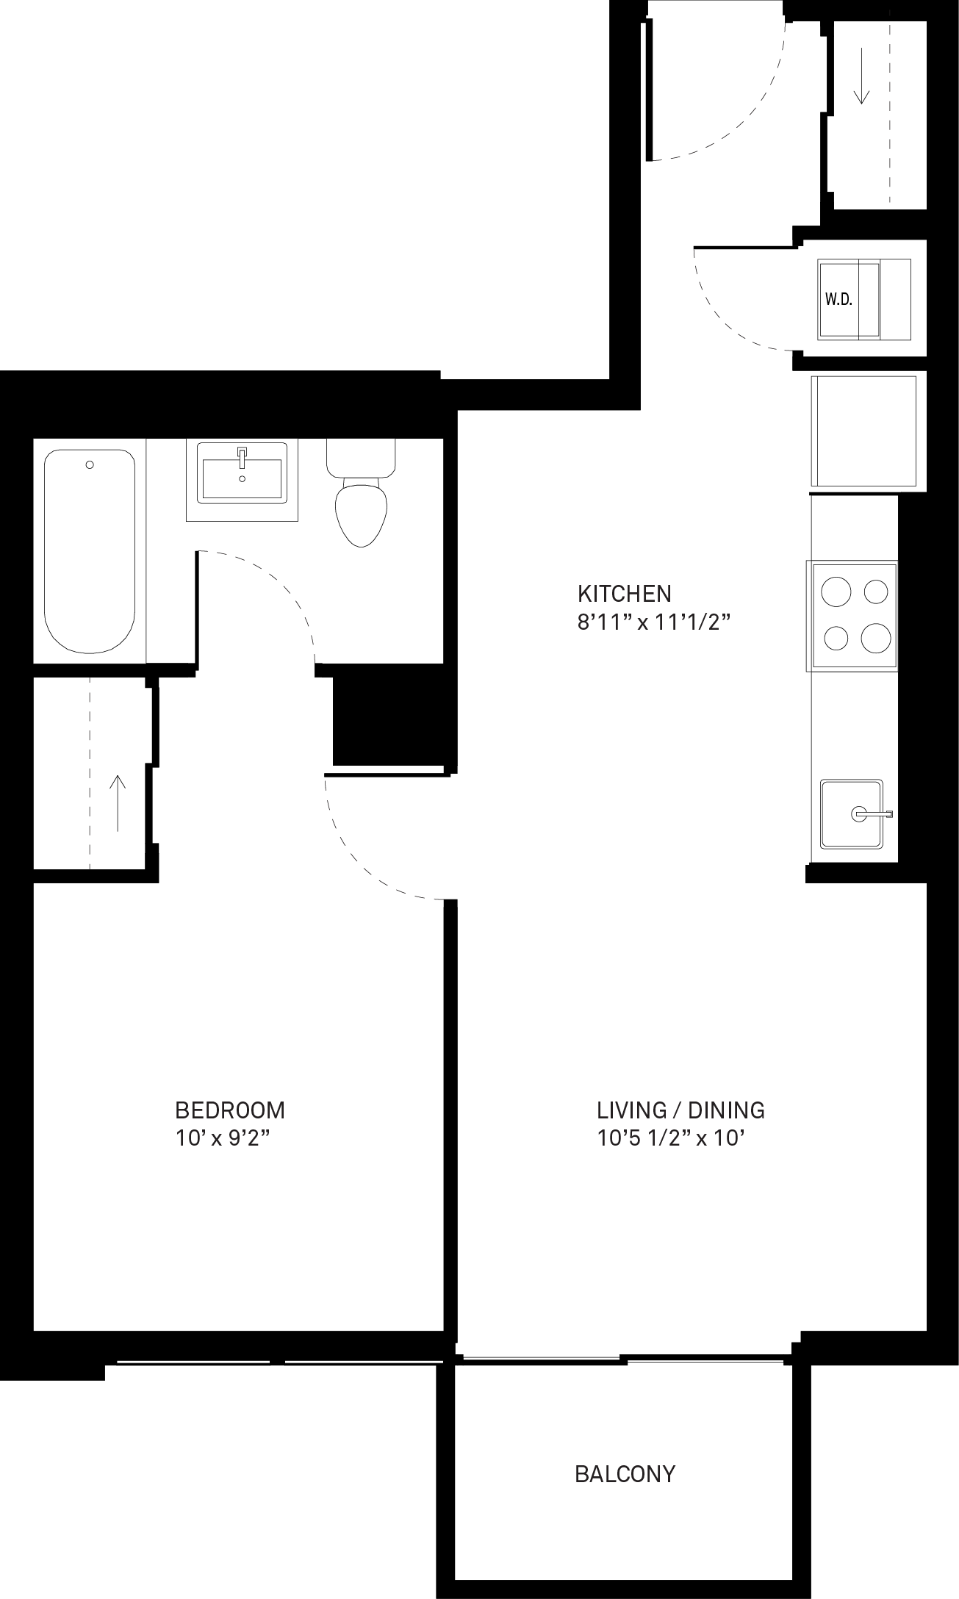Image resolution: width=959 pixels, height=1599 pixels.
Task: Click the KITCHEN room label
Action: pos(624,593)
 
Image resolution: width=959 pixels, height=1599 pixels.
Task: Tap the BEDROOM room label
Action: pos(230,1110)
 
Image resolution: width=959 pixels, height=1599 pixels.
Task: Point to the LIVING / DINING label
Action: pos(680,1110)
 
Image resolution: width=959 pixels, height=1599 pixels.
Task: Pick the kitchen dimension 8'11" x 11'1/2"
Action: pos(653,622)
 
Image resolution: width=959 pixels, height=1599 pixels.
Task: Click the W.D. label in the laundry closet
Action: pos(838,299)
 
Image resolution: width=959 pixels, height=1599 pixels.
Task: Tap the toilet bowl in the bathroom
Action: pos(361,512)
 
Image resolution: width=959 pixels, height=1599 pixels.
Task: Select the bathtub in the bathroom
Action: pos(90,551)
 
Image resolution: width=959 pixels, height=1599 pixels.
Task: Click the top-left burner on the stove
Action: pos(836,592)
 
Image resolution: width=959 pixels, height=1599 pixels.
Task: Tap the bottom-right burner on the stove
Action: pos(876,637)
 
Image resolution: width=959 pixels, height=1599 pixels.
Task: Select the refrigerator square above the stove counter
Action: pos(864,431)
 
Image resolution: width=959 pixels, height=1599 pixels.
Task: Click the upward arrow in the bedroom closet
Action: pos(118,803)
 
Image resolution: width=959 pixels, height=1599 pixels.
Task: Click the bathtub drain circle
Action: pos(90,464)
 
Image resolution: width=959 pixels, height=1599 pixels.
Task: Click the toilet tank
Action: pos(361,458)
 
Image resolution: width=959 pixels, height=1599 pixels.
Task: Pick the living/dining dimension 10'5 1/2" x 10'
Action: pos(672,1139)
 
